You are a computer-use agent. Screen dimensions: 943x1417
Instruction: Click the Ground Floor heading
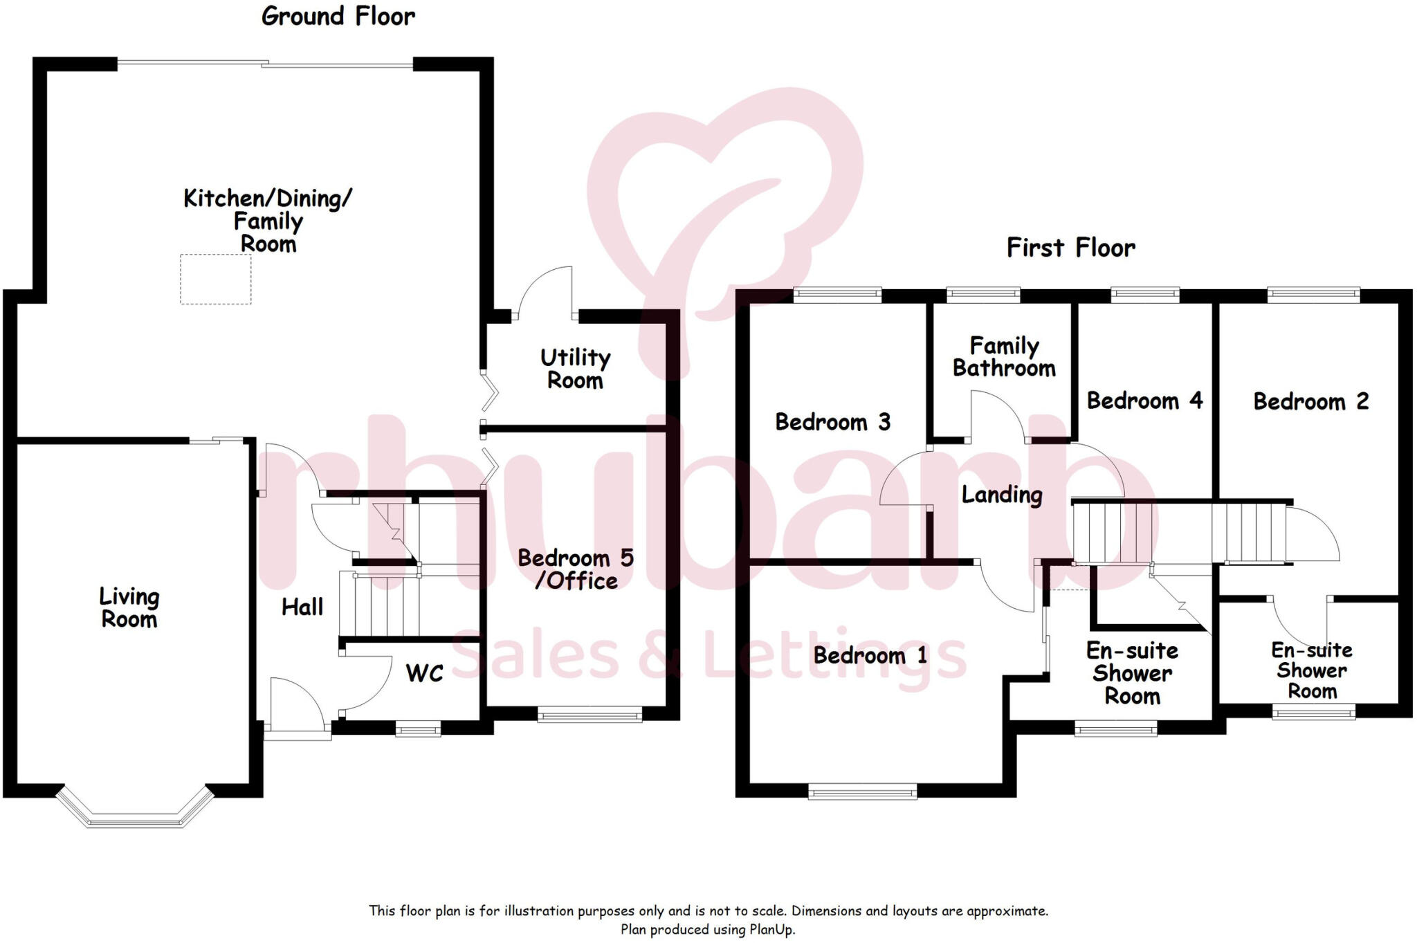pos(338,17)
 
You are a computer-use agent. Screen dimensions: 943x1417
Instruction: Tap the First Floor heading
pos(1070,248)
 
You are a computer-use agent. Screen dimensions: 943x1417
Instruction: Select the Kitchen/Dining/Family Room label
pos(268,221)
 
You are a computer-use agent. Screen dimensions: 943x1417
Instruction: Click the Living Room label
pos(129,607)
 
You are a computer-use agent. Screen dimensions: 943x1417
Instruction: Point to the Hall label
pos(302,607)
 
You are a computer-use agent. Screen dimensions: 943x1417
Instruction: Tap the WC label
pos(424,673)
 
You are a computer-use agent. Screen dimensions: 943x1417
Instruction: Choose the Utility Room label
pos(575,369)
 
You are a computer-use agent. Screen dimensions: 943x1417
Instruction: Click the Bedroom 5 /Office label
pos(576,569)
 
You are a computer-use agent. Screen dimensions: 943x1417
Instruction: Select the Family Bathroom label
pos(1004,357)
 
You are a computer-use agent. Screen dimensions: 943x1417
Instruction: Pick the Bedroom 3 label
pos(832,422)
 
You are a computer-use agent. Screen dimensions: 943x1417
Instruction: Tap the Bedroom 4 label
pos(1144,401)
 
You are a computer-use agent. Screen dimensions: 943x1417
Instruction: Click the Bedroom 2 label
pos(1311,402)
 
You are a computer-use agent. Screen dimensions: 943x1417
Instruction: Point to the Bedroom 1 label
pos(870,656)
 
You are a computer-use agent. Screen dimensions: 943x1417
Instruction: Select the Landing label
pos(1002,495)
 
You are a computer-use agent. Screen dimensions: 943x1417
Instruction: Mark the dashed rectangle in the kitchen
pos(216,280)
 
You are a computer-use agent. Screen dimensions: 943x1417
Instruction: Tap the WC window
pos(418,728)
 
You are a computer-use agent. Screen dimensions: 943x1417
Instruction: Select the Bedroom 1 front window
pos(862,791)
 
